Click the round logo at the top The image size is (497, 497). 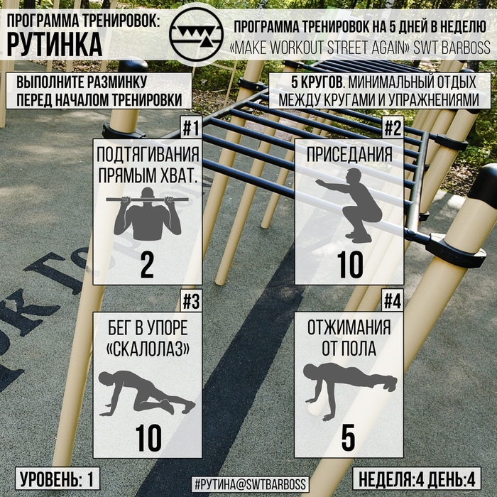(197, 34)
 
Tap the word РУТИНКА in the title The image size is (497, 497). (55, 44)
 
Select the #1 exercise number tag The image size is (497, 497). (192, 127)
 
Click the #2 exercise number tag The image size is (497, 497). (393, 127)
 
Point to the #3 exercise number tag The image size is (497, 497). (192, 301)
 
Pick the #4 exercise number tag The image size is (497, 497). (393, 301)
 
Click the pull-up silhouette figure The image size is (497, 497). (148, 214)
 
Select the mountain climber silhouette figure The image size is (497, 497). (147, 393)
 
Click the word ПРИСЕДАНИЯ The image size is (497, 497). (349, 155)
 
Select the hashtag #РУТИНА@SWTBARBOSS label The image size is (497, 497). (250, 484)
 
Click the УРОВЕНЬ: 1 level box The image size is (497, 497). (58, 479)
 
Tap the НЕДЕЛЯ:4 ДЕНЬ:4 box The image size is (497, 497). (417, 479)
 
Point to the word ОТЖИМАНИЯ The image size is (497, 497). (349, 328)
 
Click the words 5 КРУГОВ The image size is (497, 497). (317, 82)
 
